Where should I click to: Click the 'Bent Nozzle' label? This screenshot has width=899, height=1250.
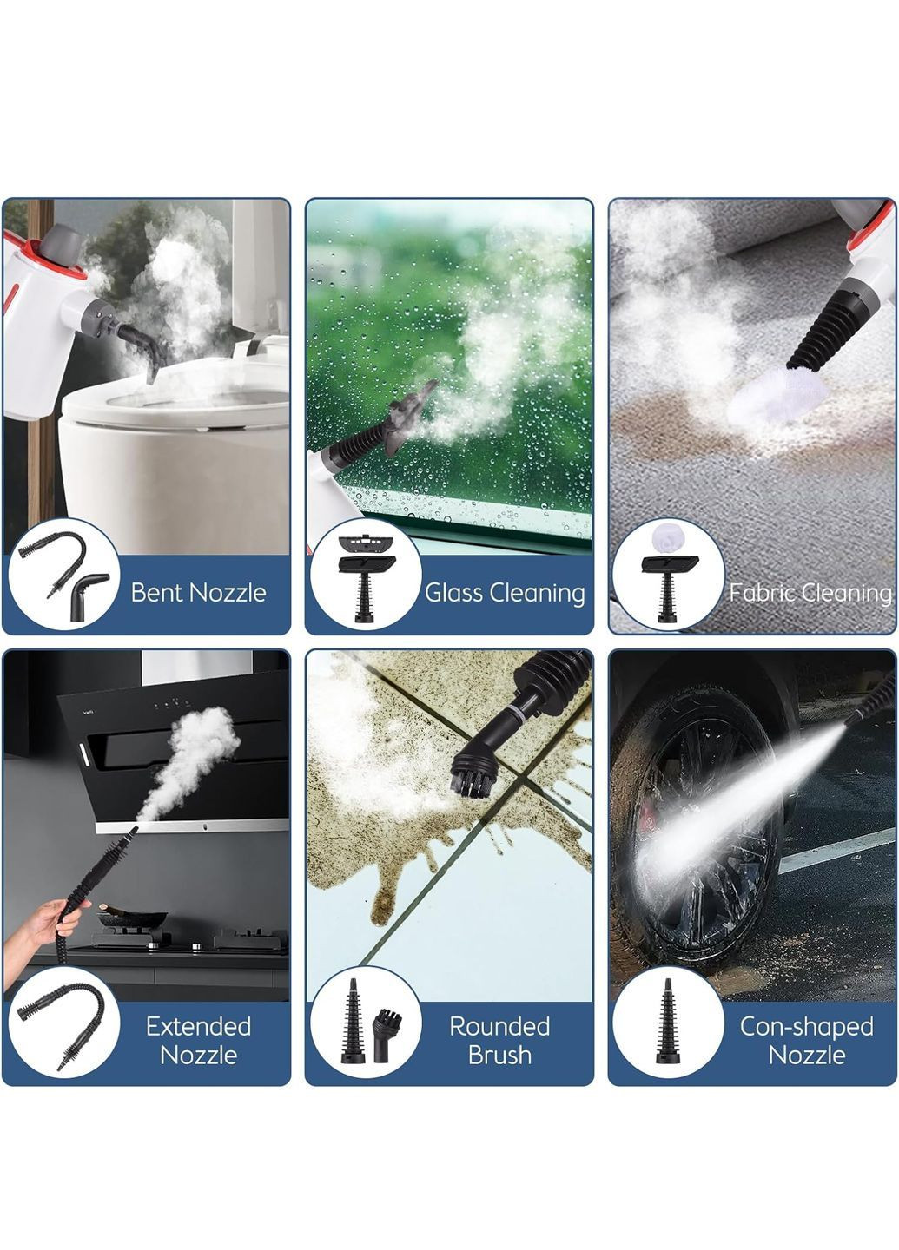[x=198, y=593]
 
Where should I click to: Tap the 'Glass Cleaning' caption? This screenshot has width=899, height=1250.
[x=505, y=593]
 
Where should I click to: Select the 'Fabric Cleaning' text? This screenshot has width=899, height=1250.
[x=810, y=593]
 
